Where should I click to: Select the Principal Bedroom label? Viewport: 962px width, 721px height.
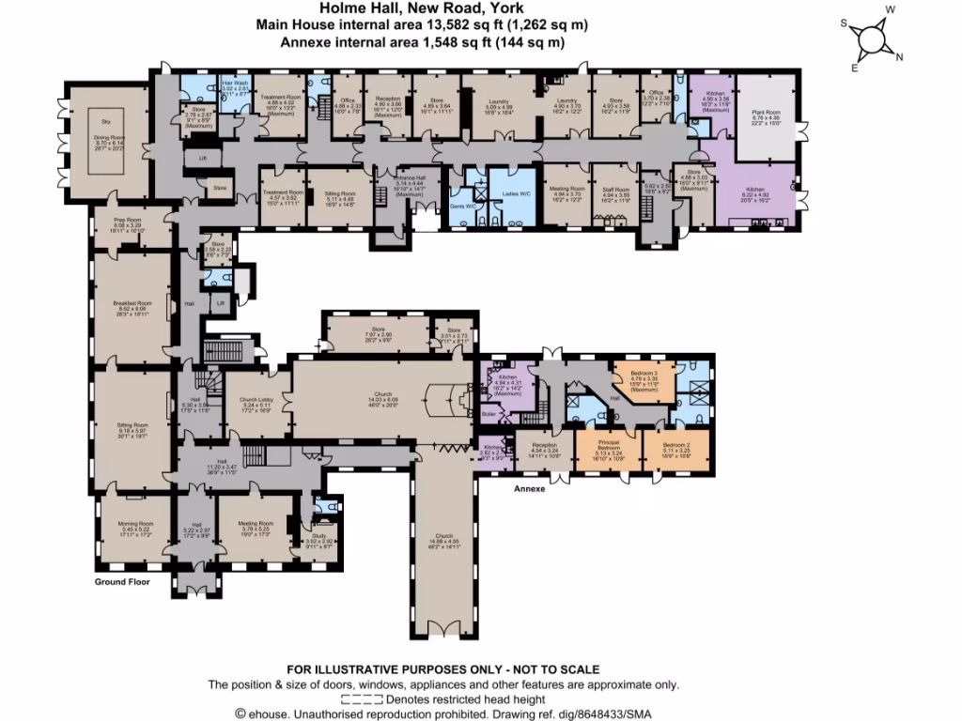pos(606,445)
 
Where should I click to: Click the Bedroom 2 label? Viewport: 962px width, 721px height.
pos(675,448)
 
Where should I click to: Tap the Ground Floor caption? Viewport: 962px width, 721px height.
pos(122,582)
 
